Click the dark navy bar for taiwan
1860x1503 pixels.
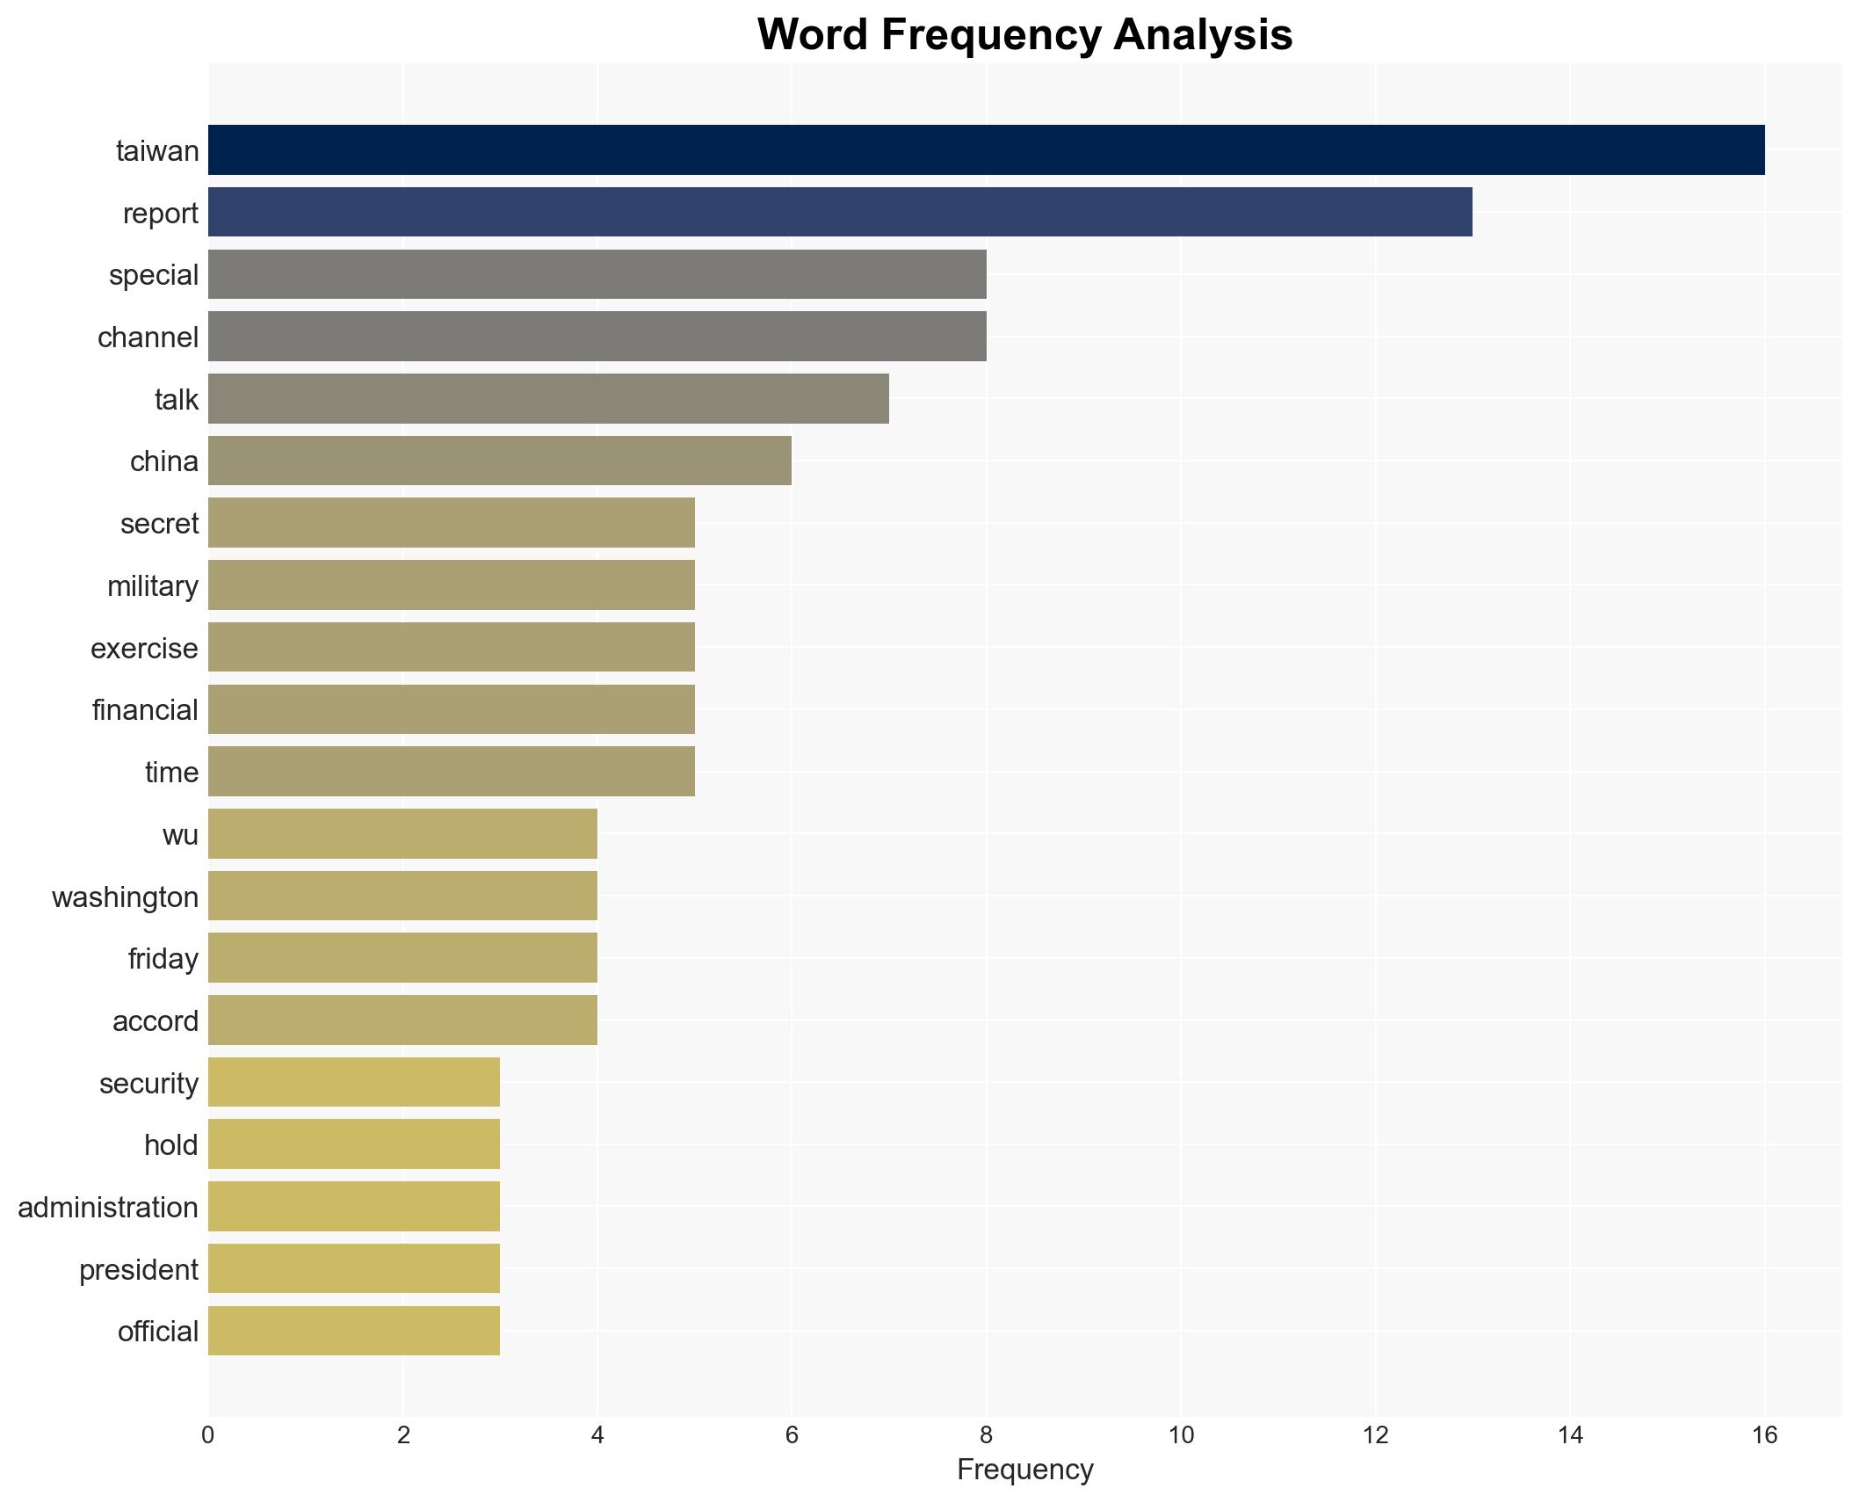[x=986, y=149]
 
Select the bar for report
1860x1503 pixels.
[x=840, y=212]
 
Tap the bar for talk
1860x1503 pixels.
[x=548, y=398]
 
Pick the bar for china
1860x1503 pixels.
[x=499, y=461]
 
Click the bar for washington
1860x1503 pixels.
[x=402, y=896]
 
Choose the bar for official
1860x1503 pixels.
[x=353, y=1331]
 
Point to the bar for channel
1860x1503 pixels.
[x=597, y=336]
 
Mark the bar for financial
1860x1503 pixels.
[x=451, y=709]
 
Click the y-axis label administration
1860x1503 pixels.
[x=108, y=1207]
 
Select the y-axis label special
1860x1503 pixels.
[x=154, y=274]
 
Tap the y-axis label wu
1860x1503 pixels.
[x=180, y=834]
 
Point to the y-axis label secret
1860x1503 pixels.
[x=159, y=523]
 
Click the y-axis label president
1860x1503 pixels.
[x=139, y=1269]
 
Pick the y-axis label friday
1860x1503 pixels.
[x=163, y=958]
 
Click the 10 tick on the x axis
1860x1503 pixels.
[x=1181, y=1435]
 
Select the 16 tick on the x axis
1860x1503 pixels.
[x=1764, y=1435]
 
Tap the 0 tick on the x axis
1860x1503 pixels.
[x=208, y=1435]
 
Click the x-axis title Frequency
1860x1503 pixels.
[x=1024, y=1470]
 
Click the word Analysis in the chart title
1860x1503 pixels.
[x=1203, y=35]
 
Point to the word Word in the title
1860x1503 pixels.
[x=811, y=35]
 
